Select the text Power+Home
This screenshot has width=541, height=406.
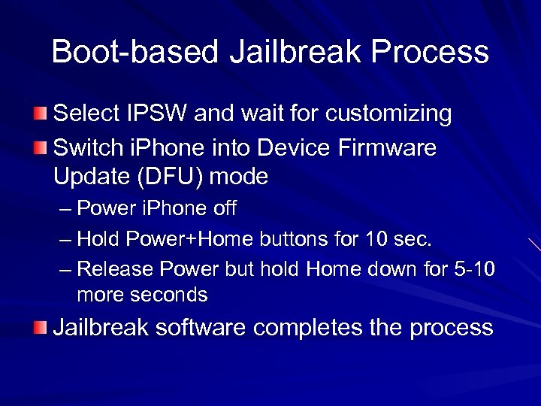(x=192, y=240)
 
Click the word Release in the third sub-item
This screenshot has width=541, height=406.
(x=112, y=268)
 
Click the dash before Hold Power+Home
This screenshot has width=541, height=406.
(x=65, y=240)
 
